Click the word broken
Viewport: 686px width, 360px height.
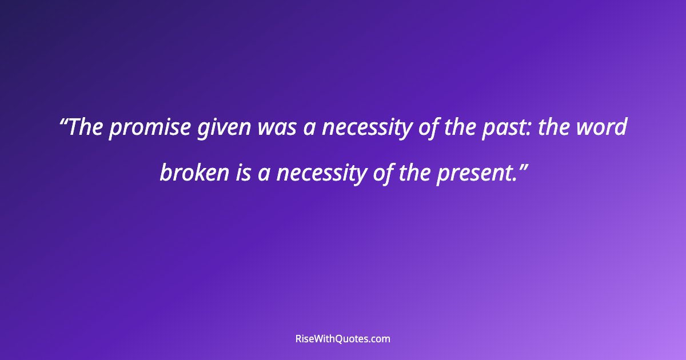194,173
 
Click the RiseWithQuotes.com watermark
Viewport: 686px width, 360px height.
343,338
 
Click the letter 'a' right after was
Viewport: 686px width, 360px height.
309,129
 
